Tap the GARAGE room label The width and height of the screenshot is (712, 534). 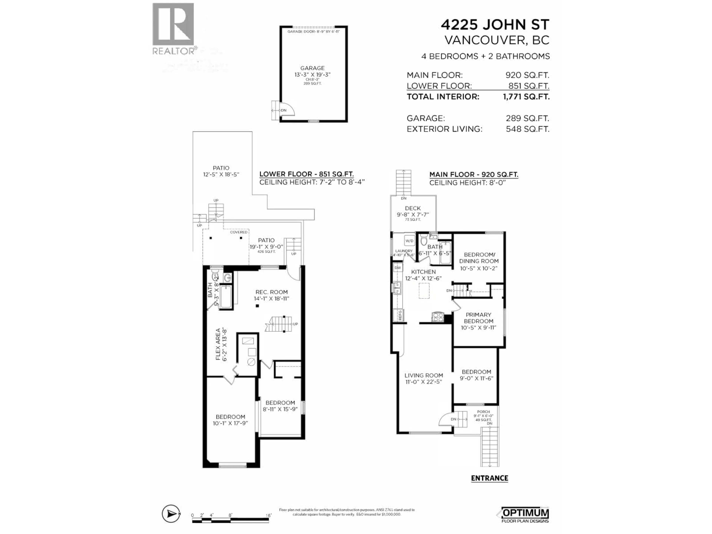pyautogui.click(x=312, y=68)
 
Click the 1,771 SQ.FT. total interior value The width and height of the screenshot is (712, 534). pyautogui.click(x=526, y=97)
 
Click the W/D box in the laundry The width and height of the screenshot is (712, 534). pyautogui.click(x=409, y=241)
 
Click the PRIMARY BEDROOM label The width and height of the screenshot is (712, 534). pyautogui.click(x=478, y=318)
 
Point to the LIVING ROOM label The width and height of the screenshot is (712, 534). pyautogui.click(x=424, y=375)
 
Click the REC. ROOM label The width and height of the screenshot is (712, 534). pyautogui.click(x=271, y=292)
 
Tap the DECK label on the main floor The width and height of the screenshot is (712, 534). pyautogui.click(x=413, y=208)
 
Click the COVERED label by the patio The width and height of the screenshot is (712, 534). pyautogui.click(x=238, y=232)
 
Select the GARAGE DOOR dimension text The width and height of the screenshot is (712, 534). pyautogui.click(x=313, y=32)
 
